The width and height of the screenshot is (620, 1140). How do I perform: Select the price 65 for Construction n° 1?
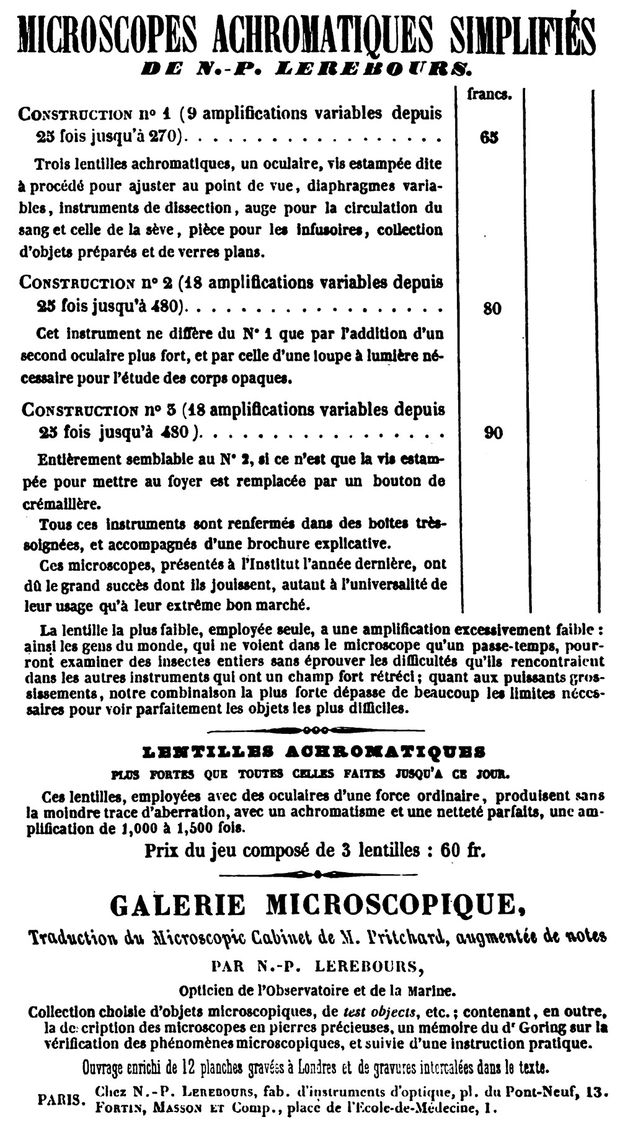489,137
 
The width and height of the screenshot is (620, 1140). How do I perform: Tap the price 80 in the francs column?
492,308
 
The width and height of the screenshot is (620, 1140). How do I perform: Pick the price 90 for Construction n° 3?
493,433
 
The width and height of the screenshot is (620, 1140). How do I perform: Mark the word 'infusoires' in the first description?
330,230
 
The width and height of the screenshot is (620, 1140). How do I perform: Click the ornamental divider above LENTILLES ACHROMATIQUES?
316,729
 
